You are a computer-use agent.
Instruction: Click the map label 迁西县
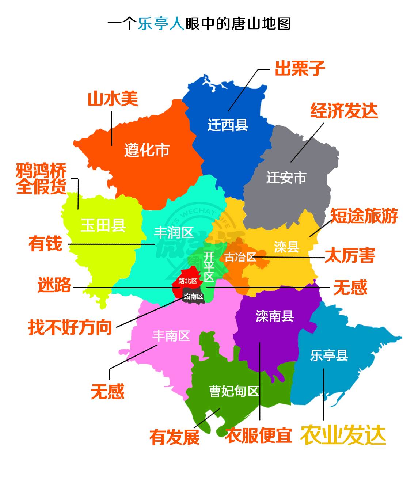[x=228, y=125]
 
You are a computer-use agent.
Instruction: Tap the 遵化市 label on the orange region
[x=147, y=150]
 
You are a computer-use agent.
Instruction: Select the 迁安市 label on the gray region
[x=286, y=178]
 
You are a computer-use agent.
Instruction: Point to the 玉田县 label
[x=103, y=225]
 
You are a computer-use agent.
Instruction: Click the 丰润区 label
[x=174, y=232]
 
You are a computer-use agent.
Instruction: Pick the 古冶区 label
[x=240, y=257]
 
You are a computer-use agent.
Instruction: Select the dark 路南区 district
[x=193, y=296]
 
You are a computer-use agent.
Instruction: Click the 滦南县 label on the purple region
[x=274, y=316]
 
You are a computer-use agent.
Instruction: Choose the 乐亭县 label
[x=329, y=355]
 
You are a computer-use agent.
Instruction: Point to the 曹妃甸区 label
[x=234, y=391]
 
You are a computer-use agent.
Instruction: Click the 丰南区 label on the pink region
[x=171, y=336]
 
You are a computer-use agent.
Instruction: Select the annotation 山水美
[x=113, y=99]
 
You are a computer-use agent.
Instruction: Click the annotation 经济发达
[x=344, y=111]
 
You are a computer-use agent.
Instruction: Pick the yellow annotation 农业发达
[x=343, y=435]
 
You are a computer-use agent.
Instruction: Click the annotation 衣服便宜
[x=259, y=435]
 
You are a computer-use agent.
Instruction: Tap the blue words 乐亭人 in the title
[x=161, y=23]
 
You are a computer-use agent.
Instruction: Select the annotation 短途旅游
[x=364, y=216]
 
